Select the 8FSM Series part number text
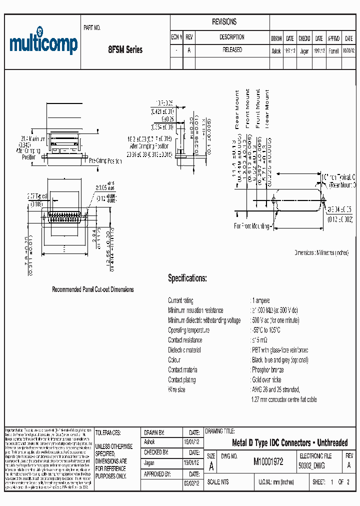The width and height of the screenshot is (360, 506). point(125,50)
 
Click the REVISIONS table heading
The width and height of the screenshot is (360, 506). point(224,22)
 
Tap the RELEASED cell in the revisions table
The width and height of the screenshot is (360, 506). point(232,50)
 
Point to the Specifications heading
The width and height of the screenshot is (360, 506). point(187,278)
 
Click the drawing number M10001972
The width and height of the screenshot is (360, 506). point(268,462)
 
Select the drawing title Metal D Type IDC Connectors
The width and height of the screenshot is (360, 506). point(289,443)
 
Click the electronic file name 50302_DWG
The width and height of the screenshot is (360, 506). point(311,466)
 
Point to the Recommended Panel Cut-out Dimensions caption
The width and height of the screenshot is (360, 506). point(93,289)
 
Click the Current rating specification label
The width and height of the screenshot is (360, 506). point(180,300)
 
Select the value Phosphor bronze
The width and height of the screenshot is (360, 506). point(267,370)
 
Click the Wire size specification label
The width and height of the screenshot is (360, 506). point(176,389)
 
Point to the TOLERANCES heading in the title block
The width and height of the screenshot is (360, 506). point(108,432)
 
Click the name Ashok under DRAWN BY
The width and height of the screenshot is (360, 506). point(149,442)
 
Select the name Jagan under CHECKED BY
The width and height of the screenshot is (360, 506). point(149,462)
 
